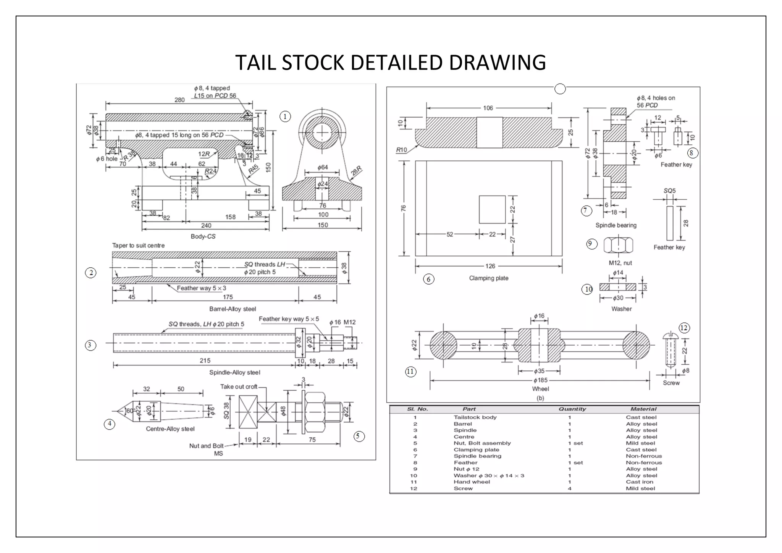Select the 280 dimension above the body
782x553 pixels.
(x=179, y=100)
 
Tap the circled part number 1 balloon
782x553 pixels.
(x=285, y=116)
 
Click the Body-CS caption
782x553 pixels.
(x=203, y=236)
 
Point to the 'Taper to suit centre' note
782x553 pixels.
(x=138, y=245)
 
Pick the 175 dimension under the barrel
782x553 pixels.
(x=228, y=297)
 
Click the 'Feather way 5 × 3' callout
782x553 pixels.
(x=201, y=288)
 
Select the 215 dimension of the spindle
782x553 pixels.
(x=205, y=360)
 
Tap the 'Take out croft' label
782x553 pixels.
(x=239, y=386)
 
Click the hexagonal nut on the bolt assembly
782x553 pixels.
(x=315, y=412)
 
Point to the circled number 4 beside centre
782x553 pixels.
(x=110, y=424)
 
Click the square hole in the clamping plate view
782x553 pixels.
(x=492, y=209)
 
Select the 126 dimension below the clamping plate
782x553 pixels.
(x=490, y=266)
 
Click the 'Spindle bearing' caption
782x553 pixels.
(x=616, y=225)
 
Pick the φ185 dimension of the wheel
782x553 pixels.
(x=541, y=380)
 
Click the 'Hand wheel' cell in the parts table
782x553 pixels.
(x=472, y=482)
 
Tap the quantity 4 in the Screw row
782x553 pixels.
(x=569, y=488)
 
